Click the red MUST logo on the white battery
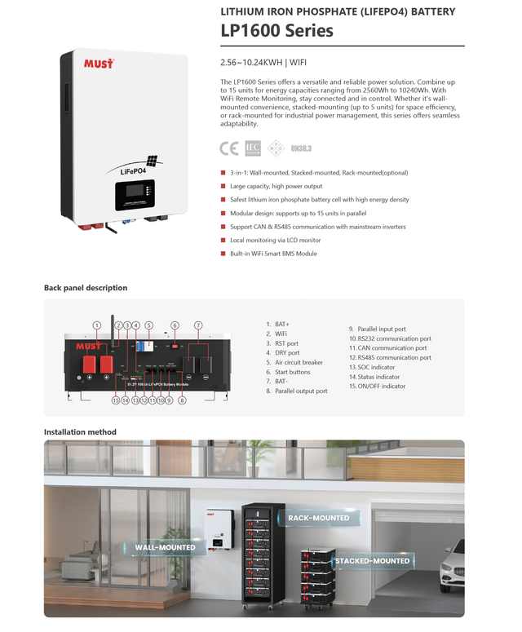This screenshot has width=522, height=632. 99,64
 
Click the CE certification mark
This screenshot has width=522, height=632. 229,148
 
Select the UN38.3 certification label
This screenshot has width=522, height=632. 301,149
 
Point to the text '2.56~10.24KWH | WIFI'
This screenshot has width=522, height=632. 259,63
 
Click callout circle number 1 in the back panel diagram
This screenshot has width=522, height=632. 96,325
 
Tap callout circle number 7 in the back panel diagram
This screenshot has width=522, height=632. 197,325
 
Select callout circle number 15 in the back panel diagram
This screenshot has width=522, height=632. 116,400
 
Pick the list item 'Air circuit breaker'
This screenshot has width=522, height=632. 299,362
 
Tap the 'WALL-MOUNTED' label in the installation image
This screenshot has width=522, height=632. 165,547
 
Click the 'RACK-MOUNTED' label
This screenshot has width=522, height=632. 318,518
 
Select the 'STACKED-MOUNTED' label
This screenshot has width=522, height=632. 372,561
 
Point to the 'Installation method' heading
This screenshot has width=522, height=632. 79,431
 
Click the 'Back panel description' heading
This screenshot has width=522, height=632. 86,288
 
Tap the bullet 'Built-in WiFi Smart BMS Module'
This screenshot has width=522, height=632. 273,254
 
